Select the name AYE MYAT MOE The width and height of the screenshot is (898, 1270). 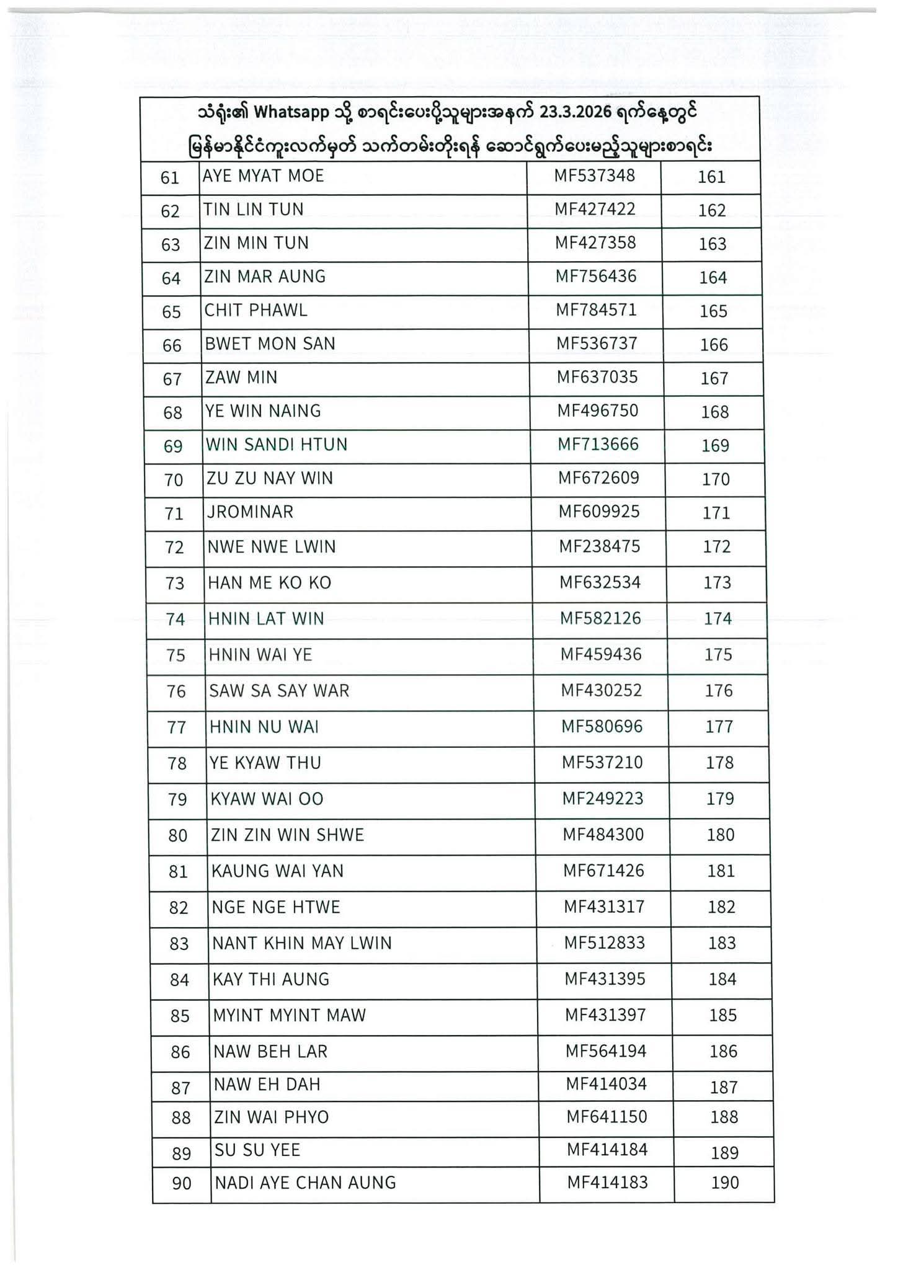[x=264, y=176]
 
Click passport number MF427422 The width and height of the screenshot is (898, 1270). [x=595, y=209]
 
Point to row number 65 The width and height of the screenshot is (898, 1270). [x=171, y=311]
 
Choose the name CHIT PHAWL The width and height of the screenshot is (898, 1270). [x=256, y=310]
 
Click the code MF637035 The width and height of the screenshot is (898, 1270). [x=597, y=377]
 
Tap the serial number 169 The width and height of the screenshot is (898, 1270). [x=714, y=445]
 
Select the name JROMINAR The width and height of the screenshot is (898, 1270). [x=251, y=512]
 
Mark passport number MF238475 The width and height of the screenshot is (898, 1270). [x=600, y=546]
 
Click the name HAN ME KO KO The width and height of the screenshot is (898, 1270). [x=270, y=583]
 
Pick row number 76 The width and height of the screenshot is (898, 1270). [x=176, y=691]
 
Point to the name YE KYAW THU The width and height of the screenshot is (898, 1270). [x=265, y=763]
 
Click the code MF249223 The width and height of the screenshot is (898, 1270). [x=603, y=799]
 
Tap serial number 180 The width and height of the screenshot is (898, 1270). [x=721, y=835]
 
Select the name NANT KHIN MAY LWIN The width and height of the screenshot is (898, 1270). [x=302, y=943]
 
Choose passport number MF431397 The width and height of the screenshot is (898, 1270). [x=605, y=1015]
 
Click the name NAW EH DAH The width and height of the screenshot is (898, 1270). [x=267, y=1085]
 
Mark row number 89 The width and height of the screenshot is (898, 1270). [x=181, y=1153]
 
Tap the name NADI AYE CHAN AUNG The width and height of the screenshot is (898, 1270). [x=305, y=1183]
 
